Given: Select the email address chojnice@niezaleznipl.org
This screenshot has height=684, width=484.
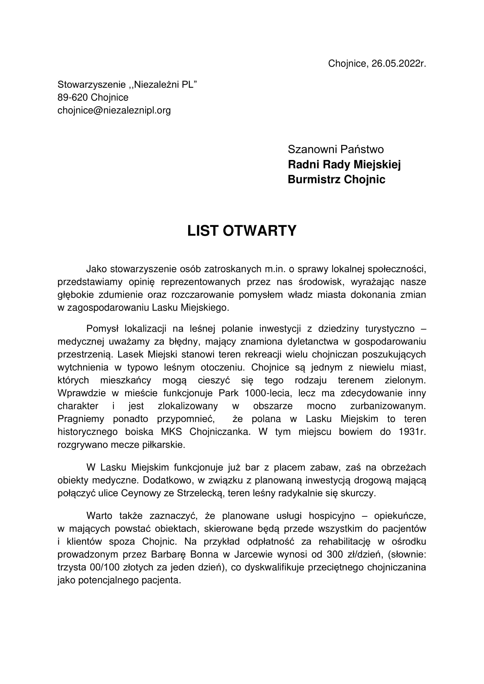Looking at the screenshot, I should (x=114, y=111).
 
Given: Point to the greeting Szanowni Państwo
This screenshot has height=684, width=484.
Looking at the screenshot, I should (x=336, y=149).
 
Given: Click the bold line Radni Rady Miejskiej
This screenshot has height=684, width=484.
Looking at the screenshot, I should (x=344, y=164).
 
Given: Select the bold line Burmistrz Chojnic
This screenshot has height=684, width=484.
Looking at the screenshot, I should (x=337, y=179).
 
